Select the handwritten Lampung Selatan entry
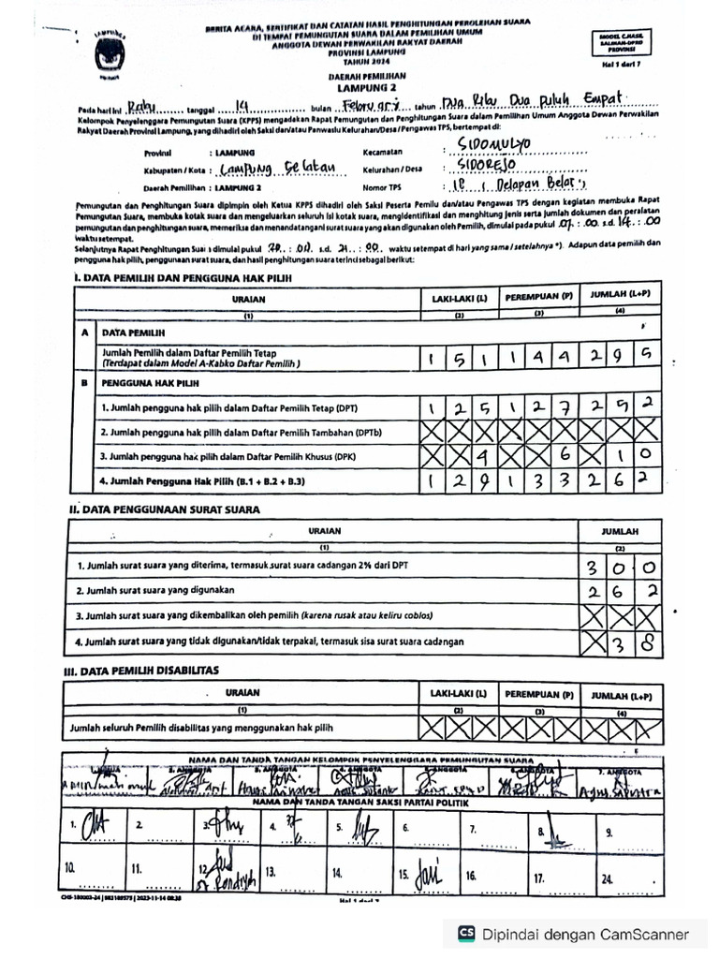271,170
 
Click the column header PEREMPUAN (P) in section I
539,297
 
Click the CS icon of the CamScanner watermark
466,934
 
